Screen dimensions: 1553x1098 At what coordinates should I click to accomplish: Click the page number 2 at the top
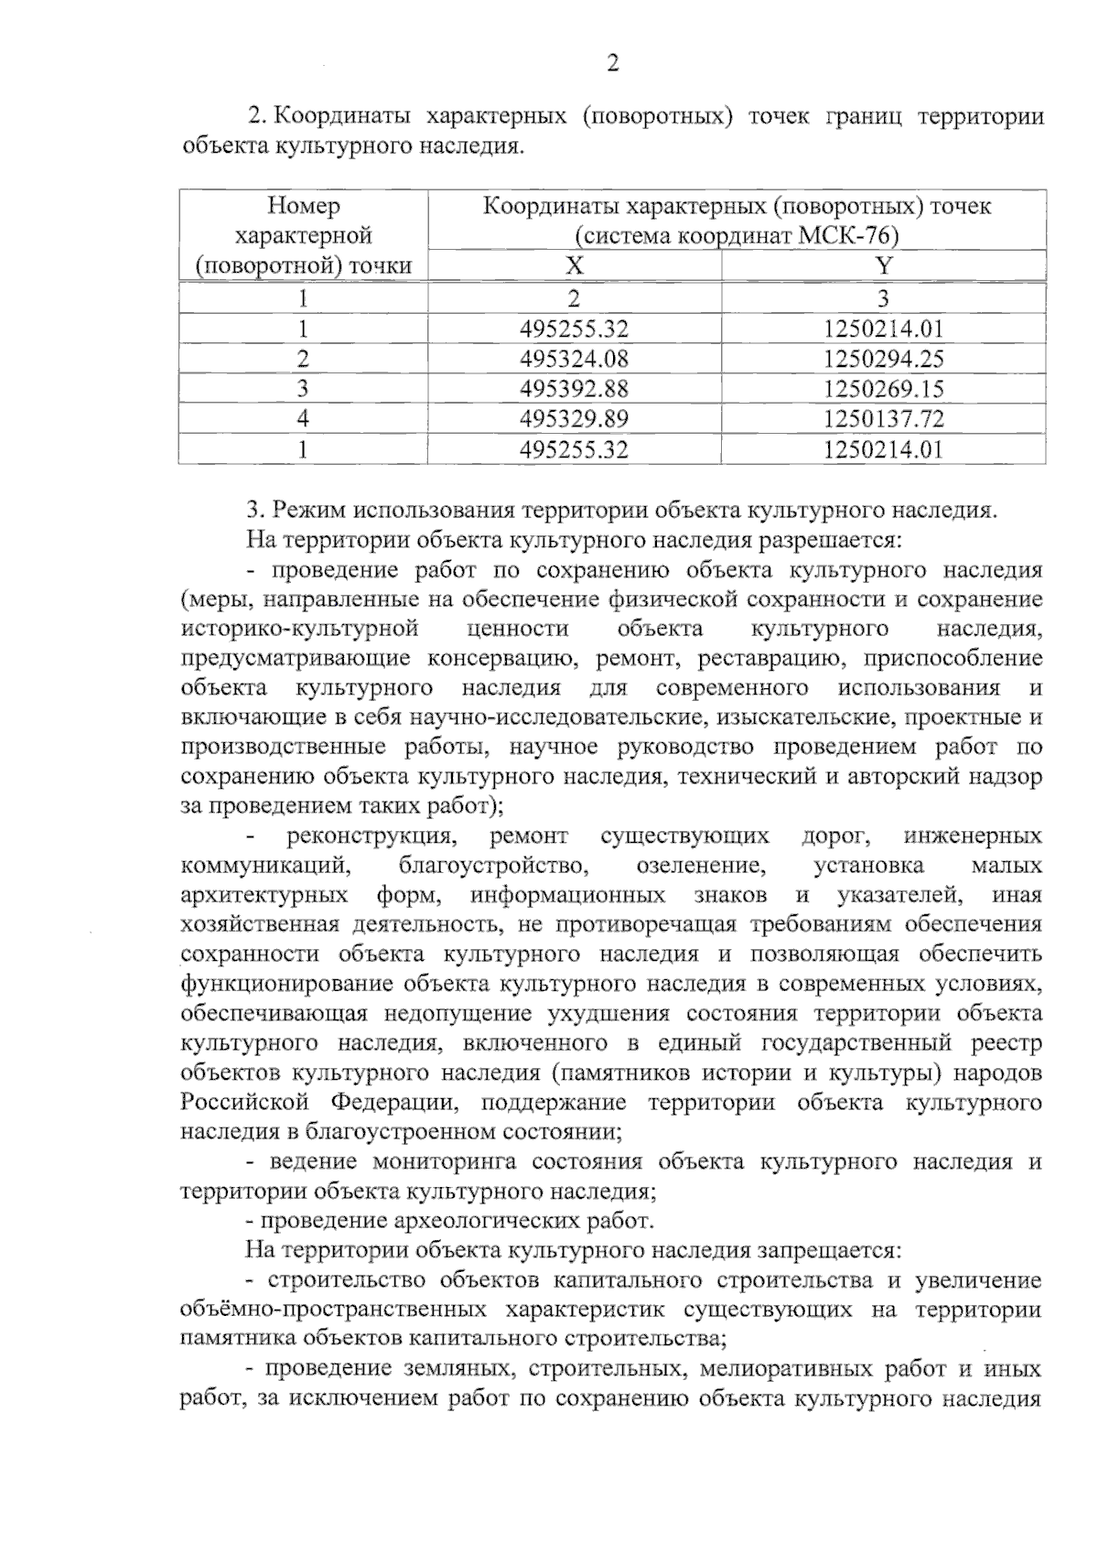613,63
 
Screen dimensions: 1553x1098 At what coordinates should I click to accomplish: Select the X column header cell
574,266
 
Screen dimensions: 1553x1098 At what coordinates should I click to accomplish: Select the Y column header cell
883,266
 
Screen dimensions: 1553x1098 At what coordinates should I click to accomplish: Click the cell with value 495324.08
574,359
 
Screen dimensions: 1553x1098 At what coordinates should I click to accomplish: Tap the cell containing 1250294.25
883,359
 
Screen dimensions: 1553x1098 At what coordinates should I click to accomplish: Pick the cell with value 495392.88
574,389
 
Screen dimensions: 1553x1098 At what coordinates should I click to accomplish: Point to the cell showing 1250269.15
883,389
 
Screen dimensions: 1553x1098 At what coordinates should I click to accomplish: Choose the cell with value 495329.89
574,419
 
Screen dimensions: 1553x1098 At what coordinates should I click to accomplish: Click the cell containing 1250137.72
883,419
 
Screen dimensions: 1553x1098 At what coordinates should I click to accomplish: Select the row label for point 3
303,389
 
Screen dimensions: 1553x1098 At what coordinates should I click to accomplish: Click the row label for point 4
303,419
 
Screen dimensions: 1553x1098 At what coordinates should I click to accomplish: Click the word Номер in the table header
303,206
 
